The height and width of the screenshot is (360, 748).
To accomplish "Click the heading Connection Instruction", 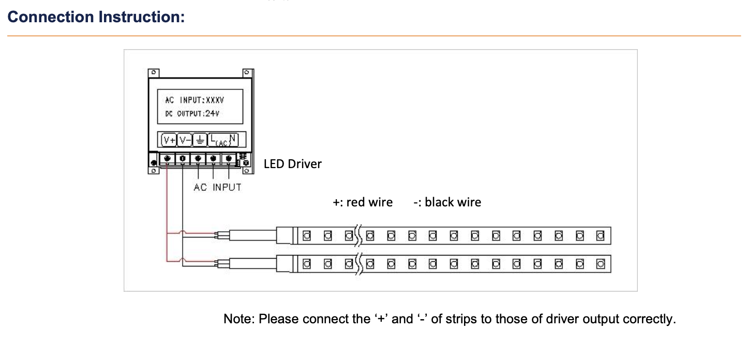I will (96, 17).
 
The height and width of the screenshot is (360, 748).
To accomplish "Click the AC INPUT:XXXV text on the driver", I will (195, 100).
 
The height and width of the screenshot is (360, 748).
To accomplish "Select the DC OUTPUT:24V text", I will (192, 113).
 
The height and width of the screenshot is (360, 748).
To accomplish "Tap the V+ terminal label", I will (169, 140).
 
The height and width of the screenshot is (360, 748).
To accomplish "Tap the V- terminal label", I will (184, 140).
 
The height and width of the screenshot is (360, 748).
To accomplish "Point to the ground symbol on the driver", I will (199, 140).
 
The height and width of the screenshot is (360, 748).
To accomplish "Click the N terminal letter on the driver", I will (233, 139).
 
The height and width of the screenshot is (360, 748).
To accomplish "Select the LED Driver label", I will (292, 164).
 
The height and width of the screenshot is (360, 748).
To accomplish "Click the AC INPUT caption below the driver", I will (217, 187).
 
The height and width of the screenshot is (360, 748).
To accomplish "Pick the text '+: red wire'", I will (362, 202).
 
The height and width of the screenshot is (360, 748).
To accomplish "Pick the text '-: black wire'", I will (447, 202).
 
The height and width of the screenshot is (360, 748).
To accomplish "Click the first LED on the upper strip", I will (306, 236).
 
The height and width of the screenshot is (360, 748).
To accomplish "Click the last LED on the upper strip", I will (600, 236).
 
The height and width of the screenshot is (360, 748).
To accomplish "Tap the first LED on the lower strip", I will (306, 264).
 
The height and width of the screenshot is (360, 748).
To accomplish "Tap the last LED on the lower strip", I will (600, 264).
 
